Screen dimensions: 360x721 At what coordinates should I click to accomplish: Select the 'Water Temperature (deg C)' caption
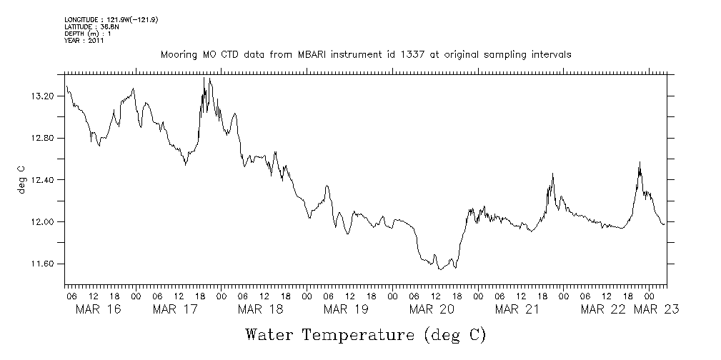[x=366, y=334]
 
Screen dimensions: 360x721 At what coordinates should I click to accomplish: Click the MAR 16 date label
[x=98, y=309]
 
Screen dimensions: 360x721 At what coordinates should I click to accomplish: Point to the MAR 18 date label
[x=261, y=309]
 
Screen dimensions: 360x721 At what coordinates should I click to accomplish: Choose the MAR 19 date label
[x=346, y=309]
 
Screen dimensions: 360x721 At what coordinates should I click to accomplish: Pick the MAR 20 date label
[x=432, y=309]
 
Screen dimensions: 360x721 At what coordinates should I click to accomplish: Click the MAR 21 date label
[x=517, y=309]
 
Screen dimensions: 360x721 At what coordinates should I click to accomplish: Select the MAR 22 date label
[x=602, y=309]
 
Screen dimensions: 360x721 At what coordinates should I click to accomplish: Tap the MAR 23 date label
[x=657, y=309]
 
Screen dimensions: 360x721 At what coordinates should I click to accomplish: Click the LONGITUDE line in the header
[x=111, y=19]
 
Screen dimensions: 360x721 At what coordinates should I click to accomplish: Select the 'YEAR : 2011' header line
[x=84, y=41]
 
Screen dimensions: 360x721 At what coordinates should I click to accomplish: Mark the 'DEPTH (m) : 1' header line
[x=88, y=34]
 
